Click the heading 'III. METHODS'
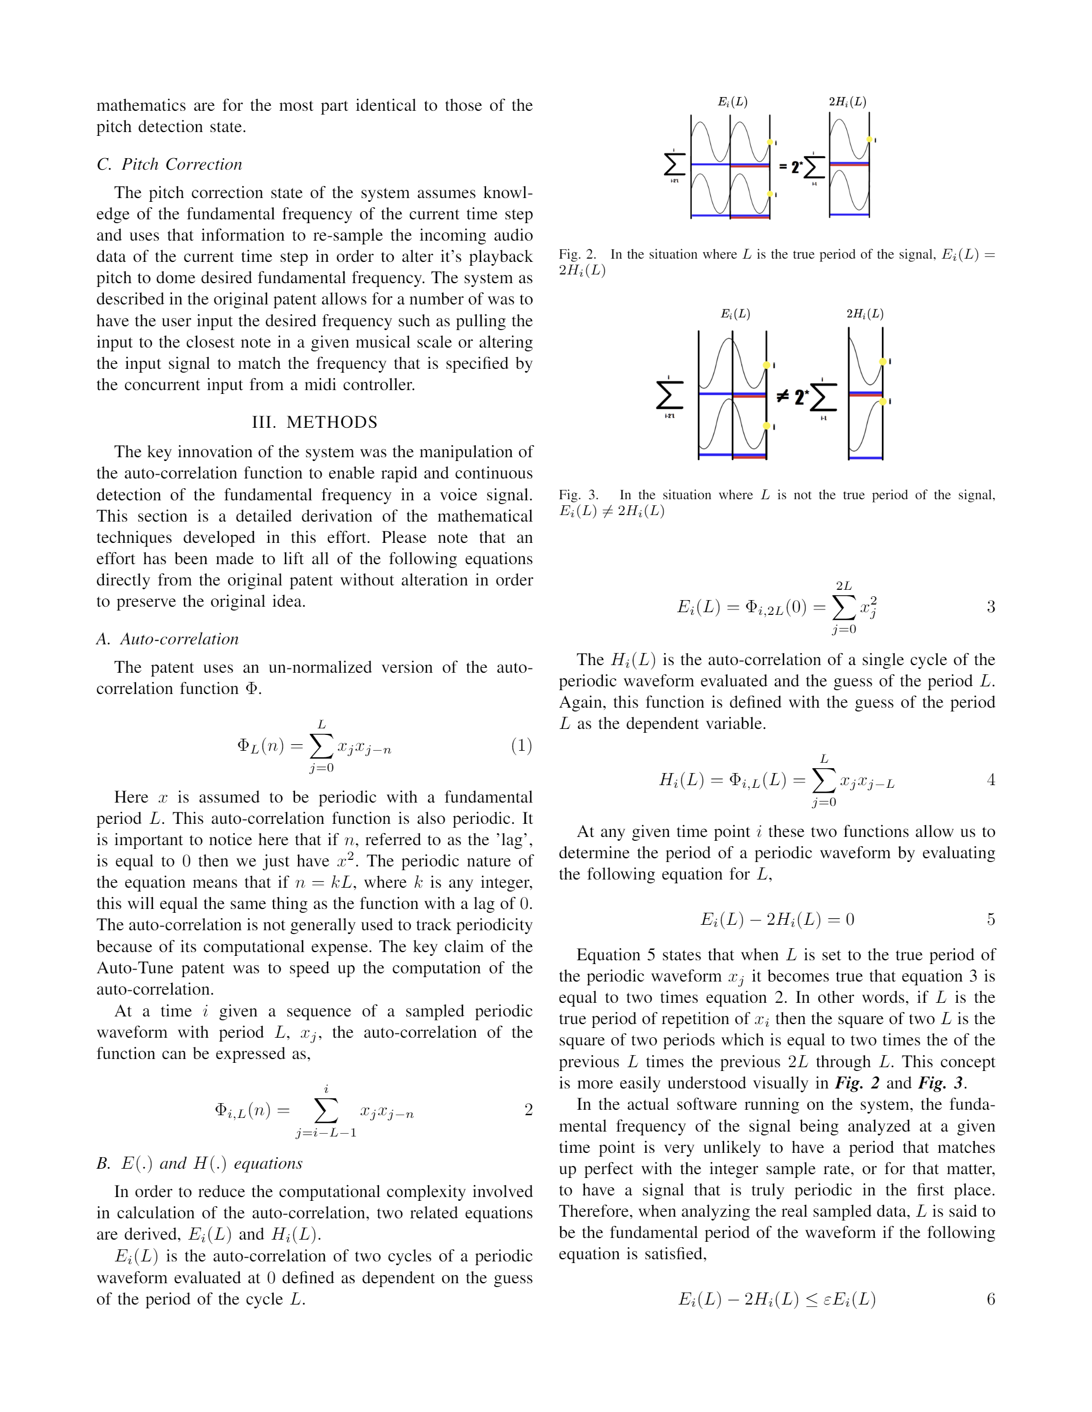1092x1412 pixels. click(x=314, y=422)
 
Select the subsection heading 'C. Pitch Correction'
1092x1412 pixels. click(x=169, y=164)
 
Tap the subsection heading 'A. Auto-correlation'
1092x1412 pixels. click(x=168, y=639)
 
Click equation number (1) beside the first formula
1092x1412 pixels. click(x=521, y=745)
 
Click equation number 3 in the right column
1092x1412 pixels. click(x=990, y=607)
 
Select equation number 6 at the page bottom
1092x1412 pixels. click(x=990, y=1299)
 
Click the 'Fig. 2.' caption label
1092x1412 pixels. click(x=578, y=254)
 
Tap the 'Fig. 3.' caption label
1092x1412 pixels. click(x=578, y=495)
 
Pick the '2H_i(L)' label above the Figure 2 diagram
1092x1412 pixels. click(x=847, y=101)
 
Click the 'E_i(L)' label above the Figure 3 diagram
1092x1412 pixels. click(x=735, y=314)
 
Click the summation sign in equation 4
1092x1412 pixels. click(x=823, y=780)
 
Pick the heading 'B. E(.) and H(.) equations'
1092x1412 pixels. click(x=199, y=1163)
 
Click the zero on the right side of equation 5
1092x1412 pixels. click(x=850, y=919)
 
